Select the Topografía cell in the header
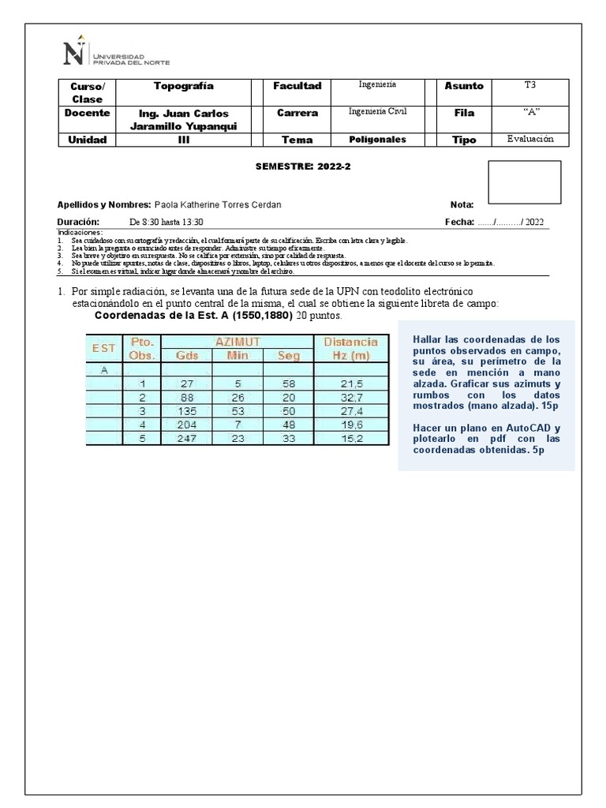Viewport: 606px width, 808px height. tap(183, 85)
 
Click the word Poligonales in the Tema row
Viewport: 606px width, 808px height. tap(377, 139)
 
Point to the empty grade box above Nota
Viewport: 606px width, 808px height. tap(525, 182)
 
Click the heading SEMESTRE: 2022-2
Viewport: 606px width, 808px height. tap(290, 167)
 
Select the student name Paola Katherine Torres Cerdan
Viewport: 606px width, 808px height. tap(217, 204)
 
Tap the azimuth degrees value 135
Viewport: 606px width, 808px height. tap(187, 411)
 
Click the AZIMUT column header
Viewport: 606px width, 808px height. tap(238, 342)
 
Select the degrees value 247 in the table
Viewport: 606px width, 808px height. tap(187, 439)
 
